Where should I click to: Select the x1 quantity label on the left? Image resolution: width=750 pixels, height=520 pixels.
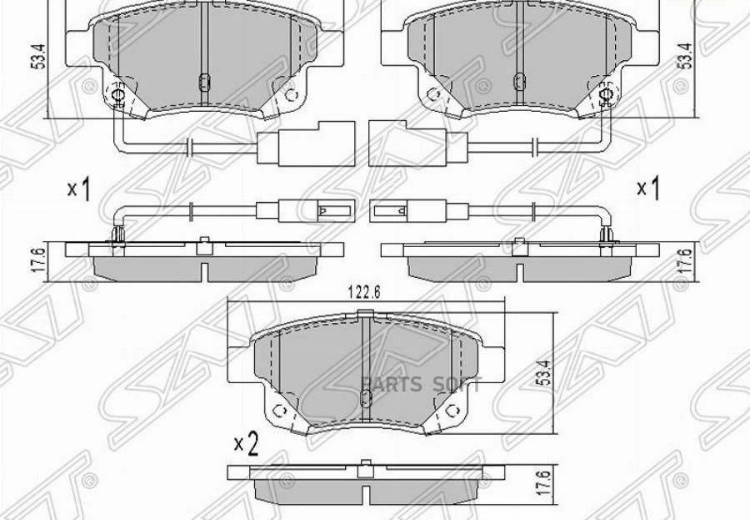coord(78,190)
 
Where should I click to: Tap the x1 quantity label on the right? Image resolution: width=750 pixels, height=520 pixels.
coord(647,189)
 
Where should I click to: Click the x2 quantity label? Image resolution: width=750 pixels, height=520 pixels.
coord(246,444)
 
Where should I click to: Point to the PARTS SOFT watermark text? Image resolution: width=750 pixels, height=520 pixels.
coord(422,384)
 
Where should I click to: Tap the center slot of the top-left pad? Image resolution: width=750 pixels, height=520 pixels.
coord(202,81)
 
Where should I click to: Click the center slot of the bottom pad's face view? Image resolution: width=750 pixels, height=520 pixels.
coord(364,398)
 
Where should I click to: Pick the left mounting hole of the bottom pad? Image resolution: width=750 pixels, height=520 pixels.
coord(281,411)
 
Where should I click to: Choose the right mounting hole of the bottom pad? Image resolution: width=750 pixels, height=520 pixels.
coord(451,411)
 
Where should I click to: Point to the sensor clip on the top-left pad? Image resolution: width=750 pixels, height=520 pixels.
coord(117,98)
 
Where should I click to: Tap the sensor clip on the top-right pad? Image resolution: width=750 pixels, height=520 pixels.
coord(604,98)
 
